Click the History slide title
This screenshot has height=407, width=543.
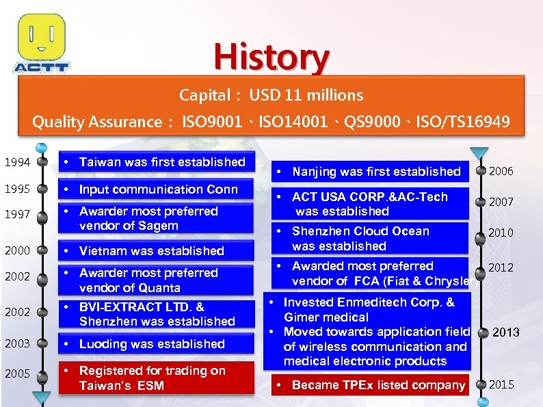(271, 57)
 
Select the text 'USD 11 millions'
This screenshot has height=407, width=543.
(306, 95)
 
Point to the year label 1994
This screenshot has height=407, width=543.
(16, 163)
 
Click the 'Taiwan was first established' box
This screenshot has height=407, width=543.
(157, 162)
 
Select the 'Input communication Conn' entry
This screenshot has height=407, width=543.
(157, 189)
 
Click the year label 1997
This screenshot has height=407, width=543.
(16, 215)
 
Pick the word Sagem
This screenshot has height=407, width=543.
(159, 226)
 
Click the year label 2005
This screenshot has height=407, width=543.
(16, 373)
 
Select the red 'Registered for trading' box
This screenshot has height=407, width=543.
(157, 378)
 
